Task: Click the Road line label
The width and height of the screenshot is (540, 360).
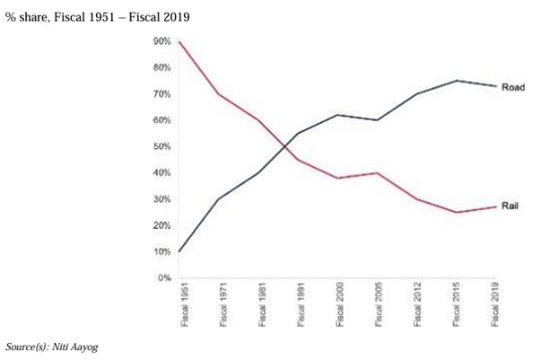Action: [513, 86]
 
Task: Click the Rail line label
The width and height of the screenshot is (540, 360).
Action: [510, 206]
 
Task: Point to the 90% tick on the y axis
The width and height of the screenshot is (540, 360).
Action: [162, 41]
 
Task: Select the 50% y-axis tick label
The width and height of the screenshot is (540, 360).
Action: [162, 146]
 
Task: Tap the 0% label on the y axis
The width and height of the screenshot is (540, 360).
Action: [165, 277]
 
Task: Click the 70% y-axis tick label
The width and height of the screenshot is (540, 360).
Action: [162, 94]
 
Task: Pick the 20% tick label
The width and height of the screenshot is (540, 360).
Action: [162, 225]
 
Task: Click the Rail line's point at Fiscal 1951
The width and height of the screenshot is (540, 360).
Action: [180, 41]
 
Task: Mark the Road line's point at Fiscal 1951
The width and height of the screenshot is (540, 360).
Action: [180, 251]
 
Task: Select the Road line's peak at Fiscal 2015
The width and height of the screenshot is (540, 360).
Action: [456, 81]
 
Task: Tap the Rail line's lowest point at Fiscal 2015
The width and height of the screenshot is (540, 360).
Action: [456, 212]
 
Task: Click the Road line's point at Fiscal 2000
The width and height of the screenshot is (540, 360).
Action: [337, 115]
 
